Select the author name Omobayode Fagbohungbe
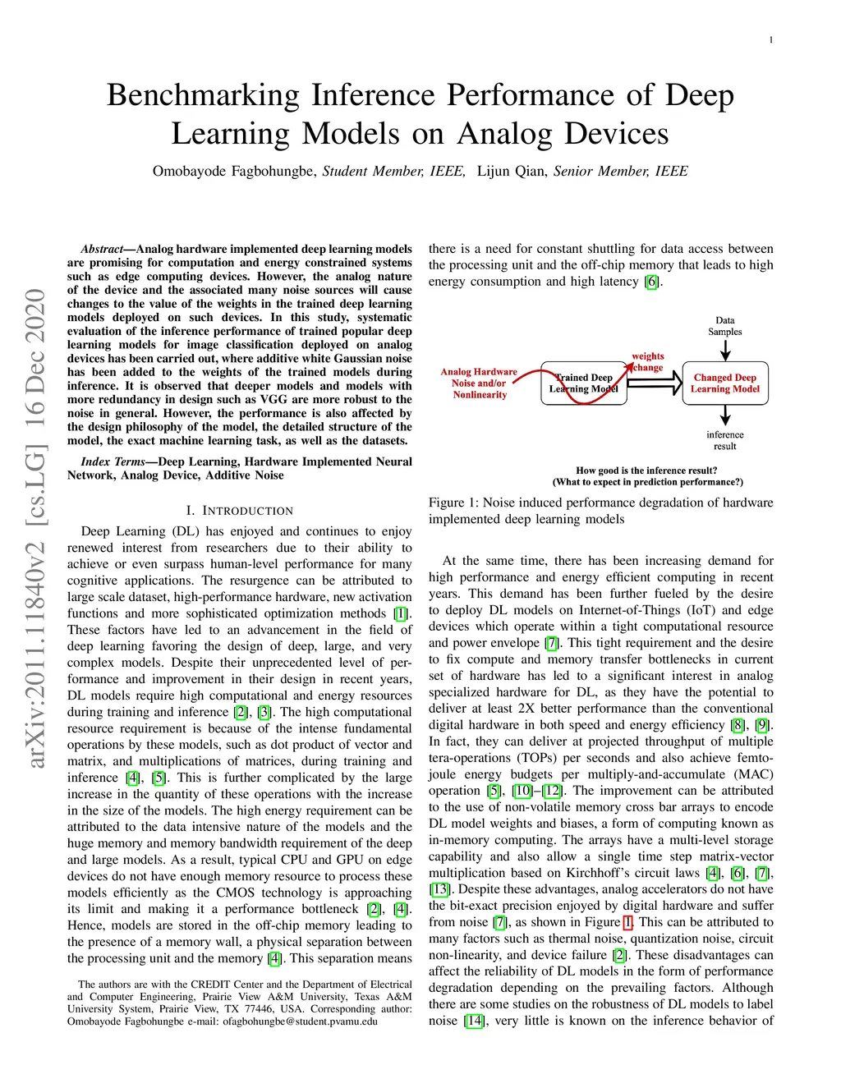[x=234, y=171]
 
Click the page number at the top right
[x=770, y=40]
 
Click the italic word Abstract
[x=101, y=249]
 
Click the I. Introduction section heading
[x=239, y=511]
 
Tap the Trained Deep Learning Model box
[x=583, y=383]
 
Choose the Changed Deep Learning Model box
[x=724, y=383]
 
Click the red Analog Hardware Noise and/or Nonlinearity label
[x=479, y=383]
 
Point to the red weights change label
[x=647, y=361]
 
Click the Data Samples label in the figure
[x=724, y=326]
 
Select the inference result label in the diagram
[x=724, y=440]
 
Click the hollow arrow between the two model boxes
[x=655, y=383]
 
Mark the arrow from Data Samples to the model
[x=724, y=349]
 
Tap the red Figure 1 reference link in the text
[x=627, y=922]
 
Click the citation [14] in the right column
[x=474, y=1021]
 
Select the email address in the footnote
[x=300, y=1021]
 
